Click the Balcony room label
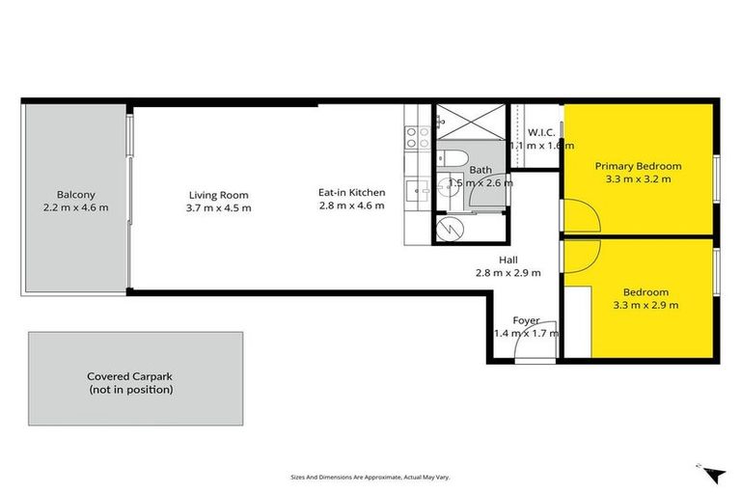[75, 194]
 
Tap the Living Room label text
[219, 194]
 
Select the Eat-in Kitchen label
[351, 192]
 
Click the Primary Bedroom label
[638, 165]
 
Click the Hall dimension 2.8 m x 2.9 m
[508, 273]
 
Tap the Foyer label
[526, 320]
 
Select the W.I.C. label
[539, 133]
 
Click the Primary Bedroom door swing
[580, 214]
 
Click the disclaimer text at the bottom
[370, 477]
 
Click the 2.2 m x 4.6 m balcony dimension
[75, 207]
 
